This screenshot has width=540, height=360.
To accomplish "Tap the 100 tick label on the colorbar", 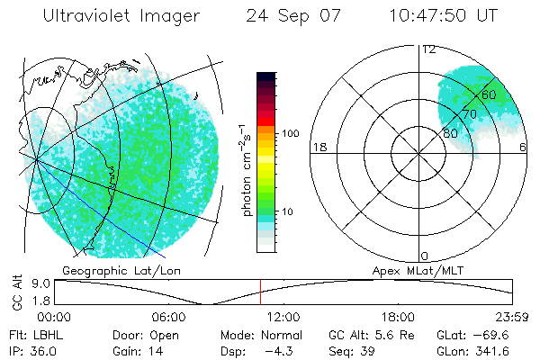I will click(289, 133).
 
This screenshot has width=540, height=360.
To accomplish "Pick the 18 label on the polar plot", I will click(318, 148).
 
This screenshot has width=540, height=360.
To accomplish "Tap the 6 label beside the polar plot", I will click(523, 148).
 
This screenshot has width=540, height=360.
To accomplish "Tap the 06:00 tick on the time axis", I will click(168, 317).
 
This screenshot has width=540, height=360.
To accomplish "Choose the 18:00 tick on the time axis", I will click(398, 317).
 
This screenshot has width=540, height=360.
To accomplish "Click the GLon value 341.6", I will click(491, 351).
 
